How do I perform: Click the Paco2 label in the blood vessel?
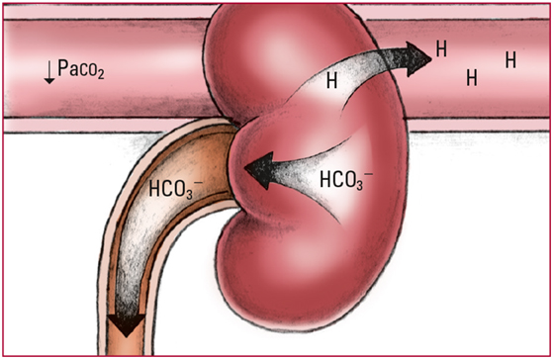coord(81,69)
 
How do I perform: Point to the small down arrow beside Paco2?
coord(49,72)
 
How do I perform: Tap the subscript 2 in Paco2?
coord(100,74)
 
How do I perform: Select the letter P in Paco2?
coord(62,67)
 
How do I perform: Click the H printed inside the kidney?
coord(331,80)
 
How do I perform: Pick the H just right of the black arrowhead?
coord(441,48)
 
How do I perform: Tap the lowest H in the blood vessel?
coord(472,77)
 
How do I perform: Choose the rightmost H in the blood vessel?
coord(510,59)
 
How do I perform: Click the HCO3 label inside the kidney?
coord(346,179)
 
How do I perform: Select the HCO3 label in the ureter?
coord(176,189)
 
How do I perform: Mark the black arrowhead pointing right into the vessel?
coord(417,59)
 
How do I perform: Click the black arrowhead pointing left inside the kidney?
coord(259,170)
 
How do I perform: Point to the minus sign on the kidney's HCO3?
coord(368,173)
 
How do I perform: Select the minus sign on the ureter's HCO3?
coord(198,183)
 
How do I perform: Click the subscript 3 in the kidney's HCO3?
coord(359,185)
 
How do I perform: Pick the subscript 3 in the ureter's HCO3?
coord(189,194)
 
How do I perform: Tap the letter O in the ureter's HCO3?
coord(178,188)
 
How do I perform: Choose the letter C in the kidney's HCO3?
coord(337,179)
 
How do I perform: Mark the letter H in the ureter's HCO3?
coord(154,188)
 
